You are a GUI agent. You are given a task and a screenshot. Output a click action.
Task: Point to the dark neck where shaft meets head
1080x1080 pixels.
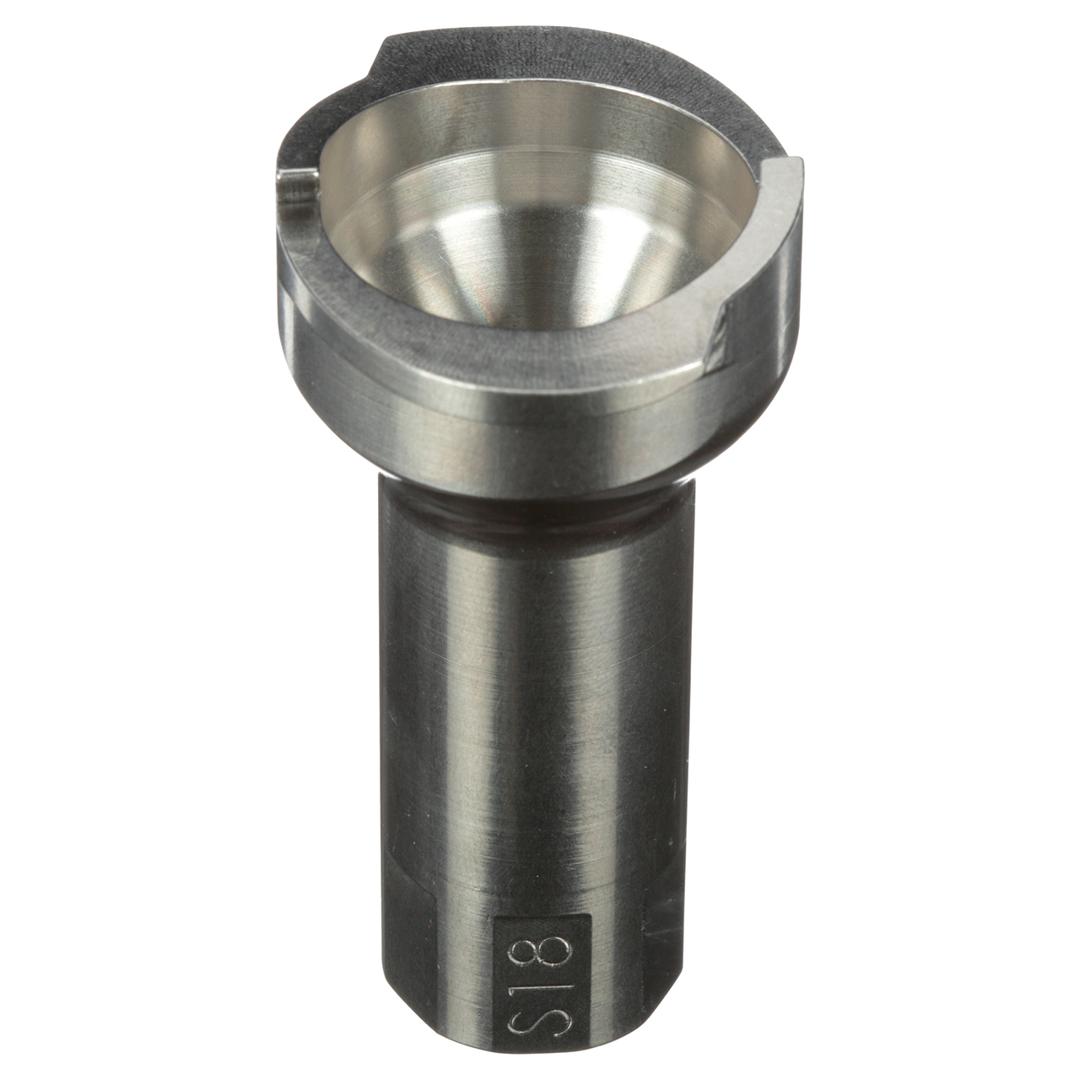(x=523, y=506)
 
